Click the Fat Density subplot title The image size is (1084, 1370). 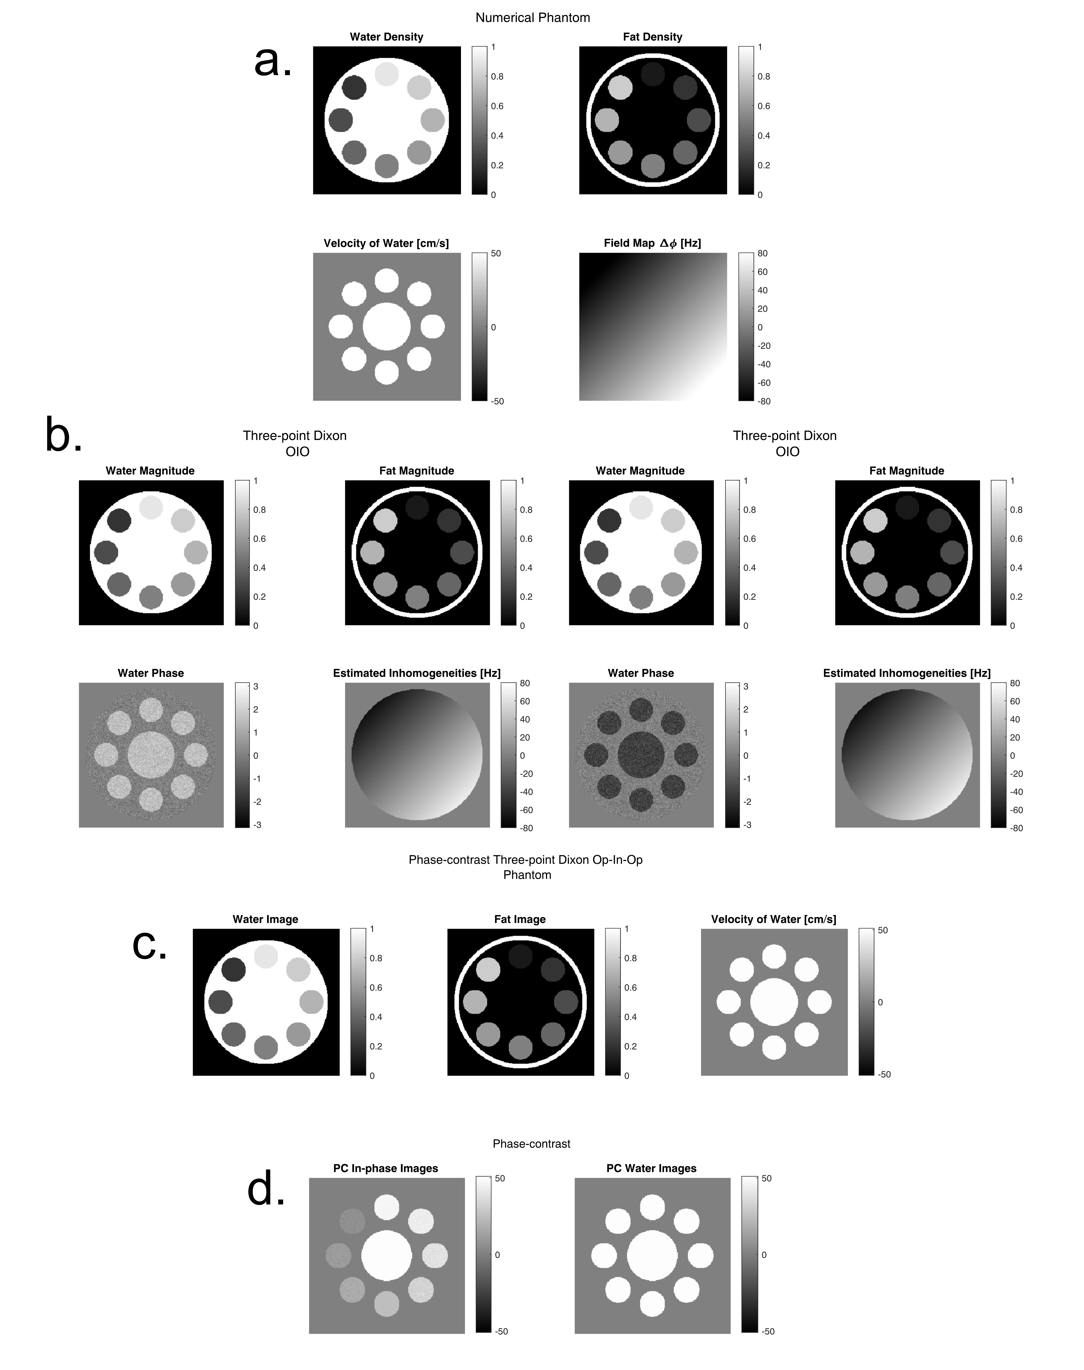coord(652,37)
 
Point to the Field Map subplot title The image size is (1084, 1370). coord(652,243)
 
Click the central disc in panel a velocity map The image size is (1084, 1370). coord(387,326)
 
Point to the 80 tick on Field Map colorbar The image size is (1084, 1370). coord(762,253)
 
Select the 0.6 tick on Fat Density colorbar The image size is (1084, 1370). coord(764,106)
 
